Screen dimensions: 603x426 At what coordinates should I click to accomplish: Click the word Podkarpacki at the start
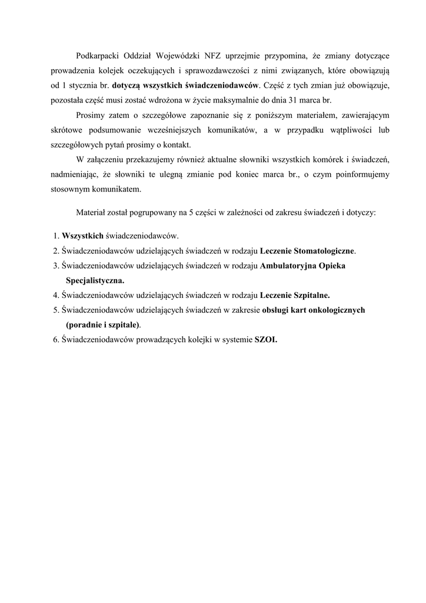(x=98, y=56)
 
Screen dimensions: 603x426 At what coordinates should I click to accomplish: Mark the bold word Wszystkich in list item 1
(x=82, y=236)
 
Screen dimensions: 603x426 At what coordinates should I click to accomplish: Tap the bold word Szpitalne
(x=311, y=295)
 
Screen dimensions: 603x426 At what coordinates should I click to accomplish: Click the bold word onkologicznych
(x=338, y=310)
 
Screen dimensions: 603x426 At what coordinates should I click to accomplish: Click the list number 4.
(x=55, y=295)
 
